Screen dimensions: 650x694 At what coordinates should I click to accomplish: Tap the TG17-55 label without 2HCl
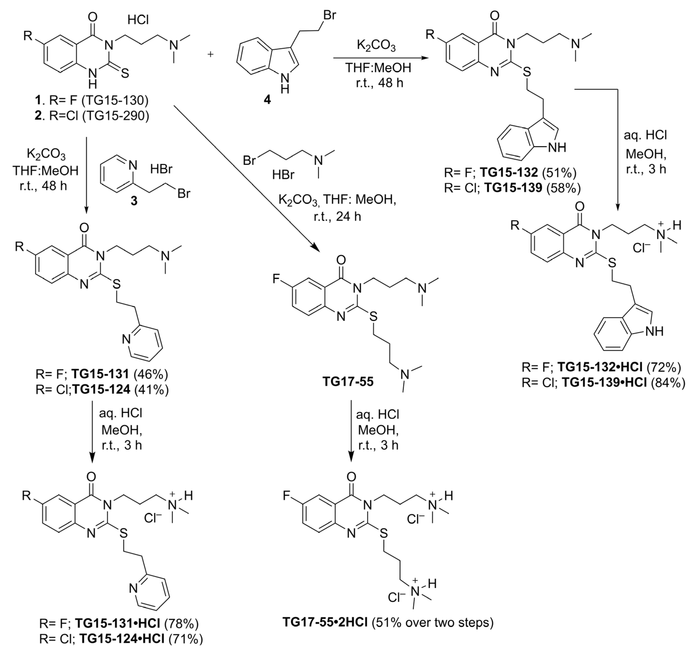(x=348, y=381)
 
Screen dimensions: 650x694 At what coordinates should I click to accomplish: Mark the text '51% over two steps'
(x=432, y=622)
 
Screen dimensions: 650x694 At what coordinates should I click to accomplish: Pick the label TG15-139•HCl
(x=602, y=383)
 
